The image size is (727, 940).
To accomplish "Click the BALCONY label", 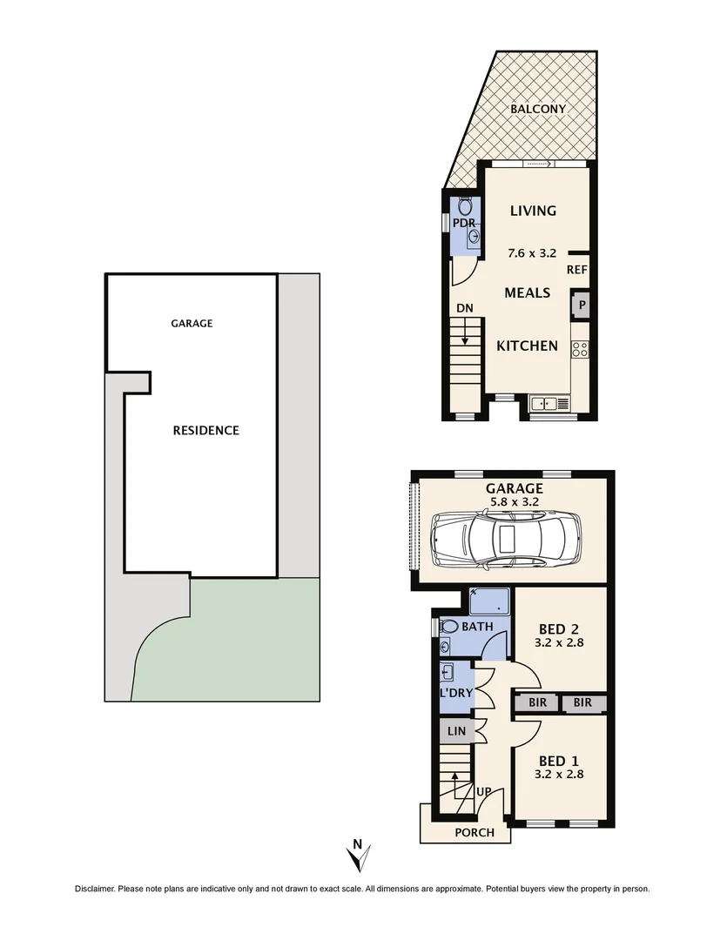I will pos(538,109).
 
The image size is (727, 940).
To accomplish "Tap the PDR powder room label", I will pos(464,224).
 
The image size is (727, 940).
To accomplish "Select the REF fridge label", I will pos(577,270).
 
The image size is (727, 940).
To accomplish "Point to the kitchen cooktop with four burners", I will pos(580,350).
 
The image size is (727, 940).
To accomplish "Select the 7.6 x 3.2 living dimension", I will pos(532,253).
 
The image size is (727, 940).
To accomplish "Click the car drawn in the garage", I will pos(506,540).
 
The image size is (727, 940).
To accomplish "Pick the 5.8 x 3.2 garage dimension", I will pos(515,501).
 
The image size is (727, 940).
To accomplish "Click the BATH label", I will pos(477,627).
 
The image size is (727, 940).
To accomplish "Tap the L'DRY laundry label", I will pos(455,693).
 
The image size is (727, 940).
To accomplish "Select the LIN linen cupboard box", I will pos(456,731).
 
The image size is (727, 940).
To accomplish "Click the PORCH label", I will pos(475,833).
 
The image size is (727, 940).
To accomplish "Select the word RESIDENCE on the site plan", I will pos(205,430).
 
